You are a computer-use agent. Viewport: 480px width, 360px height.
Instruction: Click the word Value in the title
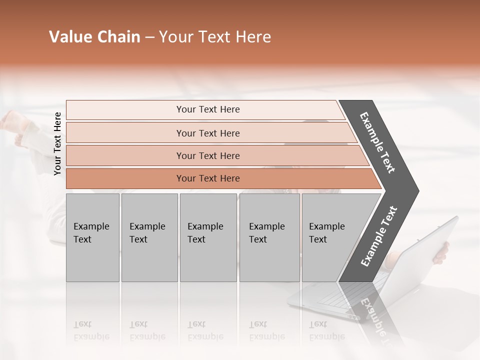pyautogui.click(x=69, y=37)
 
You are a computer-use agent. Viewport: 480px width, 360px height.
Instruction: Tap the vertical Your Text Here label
pyautogui.click(x=57, y=143)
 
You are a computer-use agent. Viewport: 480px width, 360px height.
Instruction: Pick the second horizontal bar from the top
pyautogui.click(x=208, y=133)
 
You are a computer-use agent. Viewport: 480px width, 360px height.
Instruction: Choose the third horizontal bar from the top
pyautogui.click(x=208, y=155)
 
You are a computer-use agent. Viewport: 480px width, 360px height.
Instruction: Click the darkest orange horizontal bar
pyautogui.click(x=208, y=178)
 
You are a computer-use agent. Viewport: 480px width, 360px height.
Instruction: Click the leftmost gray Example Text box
pyautogui.click(x=92, y=237)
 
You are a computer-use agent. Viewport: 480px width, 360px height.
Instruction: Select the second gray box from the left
pyautogui.click(x=149, y=237)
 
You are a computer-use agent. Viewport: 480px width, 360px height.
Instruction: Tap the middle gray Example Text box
pyautogui.click(x=208, y=237)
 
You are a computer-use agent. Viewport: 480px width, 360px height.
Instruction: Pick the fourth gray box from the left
pyautogui.click(x=269, y=237)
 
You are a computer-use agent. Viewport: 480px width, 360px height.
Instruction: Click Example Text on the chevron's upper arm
pyautogui.click(x=377, y=142)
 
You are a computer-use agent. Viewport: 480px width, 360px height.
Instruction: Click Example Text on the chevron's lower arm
pyautogui.click(x=379, y=236)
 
